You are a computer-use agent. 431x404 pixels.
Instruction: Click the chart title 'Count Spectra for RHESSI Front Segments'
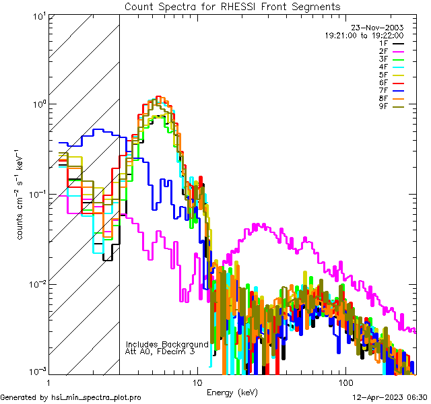point(232,6)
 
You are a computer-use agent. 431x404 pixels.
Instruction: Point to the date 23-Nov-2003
point(378,28)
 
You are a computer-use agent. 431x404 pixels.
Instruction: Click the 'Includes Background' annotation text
point(167,344)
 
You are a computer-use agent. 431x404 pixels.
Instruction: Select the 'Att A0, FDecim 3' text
point(160,351)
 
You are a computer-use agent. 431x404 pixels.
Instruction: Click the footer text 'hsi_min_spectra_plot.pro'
point(96,397)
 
